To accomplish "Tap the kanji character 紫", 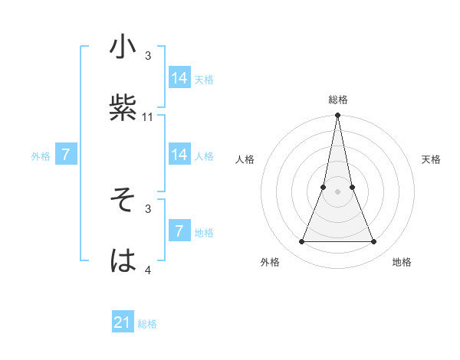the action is (123, 107).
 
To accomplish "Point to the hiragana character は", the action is (123, 260).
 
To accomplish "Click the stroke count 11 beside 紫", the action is (148, 117).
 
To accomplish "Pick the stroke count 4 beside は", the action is (148, 270).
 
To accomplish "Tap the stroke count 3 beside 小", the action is (148, 56).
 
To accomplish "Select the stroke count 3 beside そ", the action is (148, 208).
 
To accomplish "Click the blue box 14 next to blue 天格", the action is (179, 78).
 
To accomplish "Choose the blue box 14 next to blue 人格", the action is (179, 155).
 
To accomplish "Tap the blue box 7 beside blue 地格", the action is (179, 231).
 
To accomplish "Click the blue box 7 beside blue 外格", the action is (66, 155).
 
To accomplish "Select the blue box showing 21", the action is (123, 322).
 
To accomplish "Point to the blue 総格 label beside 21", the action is (147, 324).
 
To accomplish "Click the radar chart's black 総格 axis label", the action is (337, 100).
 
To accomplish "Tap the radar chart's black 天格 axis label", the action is (432, 159).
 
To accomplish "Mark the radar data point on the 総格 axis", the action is (337, 116).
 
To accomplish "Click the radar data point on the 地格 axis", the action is (374, 242).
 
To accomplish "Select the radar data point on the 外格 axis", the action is (301, 242).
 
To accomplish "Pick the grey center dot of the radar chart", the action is (337, 191).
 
